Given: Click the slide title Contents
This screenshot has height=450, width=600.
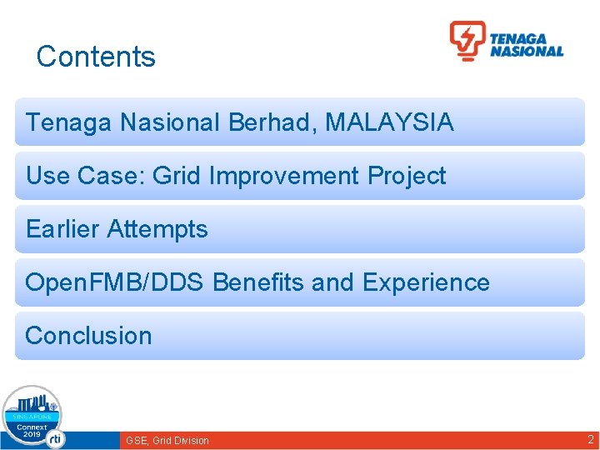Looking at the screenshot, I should tap(96, 57).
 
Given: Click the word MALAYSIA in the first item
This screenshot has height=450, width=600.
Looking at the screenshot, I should tap(389, 122).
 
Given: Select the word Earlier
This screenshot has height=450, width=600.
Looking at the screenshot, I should tap(62, 229).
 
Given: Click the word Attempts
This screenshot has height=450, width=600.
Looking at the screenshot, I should tap(157, 229).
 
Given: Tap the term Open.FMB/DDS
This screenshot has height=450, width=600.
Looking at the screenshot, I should tap(114, 282).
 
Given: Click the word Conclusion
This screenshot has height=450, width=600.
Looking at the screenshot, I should tap(88, 336).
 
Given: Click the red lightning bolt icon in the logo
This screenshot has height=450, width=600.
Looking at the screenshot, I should tap(467, 41).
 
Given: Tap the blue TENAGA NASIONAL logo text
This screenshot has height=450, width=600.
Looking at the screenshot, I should tap(526, 45).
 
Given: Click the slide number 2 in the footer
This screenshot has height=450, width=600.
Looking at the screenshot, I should tap(591, 439).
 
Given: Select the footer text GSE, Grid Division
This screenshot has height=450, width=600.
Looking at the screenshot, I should tap(167, 440).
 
